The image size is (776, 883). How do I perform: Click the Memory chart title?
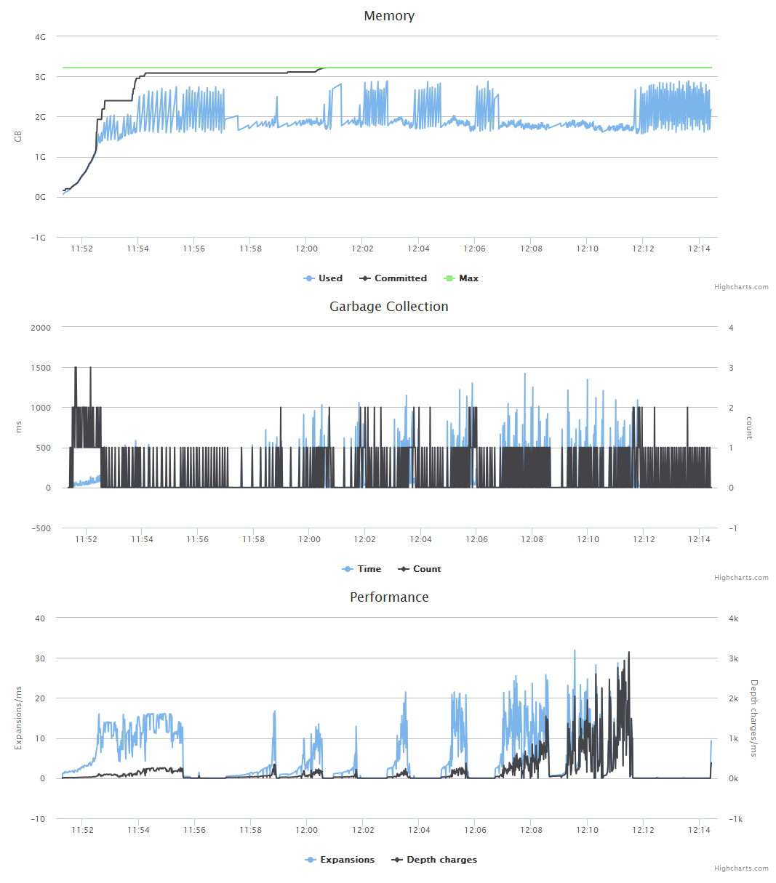click(x=389, y=16)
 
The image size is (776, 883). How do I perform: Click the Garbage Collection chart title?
click(x=389, y=307)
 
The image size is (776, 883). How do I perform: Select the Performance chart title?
click(x=389, y=597)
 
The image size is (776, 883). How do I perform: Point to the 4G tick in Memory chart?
click(x=40, y=37)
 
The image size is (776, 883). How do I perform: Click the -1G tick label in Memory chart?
click(x=39, y=238)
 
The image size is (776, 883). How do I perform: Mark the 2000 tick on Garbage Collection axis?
click(x=41, y=328)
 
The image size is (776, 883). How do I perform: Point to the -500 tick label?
click(x=41, y=528)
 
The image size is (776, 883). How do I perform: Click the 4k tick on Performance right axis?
click(x=734, y=618)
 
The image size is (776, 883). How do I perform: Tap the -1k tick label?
click(x=735, y=819)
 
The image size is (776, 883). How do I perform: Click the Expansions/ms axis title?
click(x=19, y=718)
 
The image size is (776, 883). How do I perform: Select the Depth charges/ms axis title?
click(x=753, y=718)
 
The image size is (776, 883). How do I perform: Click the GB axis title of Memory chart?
click(x=19, y=137)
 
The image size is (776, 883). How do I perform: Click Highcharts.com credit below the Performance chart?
click(x=741, y=868)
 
